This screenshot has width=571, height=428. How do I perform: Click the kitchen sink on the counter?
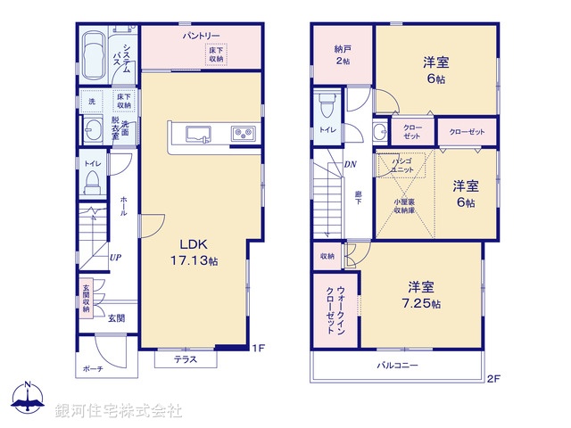[198, 135]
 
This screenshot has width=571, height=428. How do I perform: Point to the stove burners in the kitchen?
[243, 135]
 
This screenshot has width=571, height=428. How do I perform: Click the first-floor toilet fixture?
[92, 181]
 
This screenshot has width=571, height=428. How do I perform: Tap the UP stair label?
[115, 259]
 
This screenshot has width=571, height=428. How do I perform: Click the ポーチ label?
[93, 368]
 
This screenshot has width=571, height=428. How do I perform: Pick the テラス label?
[185, 360]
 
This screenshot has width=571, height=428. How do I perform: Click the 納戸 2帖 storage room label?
[342, 54]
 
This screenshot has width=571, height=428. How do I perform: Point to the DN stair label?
[351, 165]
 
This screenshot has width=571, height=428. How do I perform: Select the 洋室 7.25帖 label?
[421, 295]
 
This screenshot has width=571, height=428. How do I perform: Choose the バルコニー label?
[398, 366]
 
